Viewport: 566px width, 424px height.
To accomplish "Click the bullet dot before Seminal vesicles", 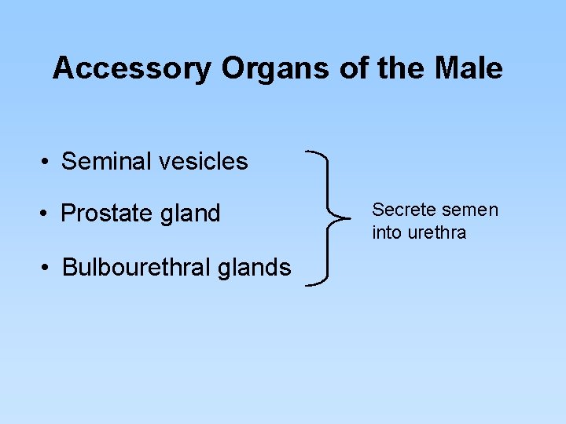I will [x=47, y=163].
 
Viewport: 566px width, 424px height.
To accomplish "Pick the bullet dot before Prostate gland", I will [x=47, y=214].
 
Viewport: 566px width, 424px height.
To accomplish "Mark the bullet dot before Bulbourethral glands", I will [x=47, y=268].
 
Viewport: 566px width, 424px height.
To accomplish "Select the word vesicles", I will [x=202, y=162].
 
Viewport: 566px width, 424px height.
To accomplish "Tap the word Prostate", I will [x=108, y=214].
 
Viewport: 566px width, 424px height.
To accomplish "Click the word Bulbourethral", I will [x=140, y=268].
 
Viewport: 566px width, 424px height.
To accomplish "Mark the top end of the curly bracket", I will [x=307, y=152].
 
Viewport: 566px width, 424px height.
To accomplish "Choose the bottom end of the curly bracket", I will [x=307, y=283].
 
